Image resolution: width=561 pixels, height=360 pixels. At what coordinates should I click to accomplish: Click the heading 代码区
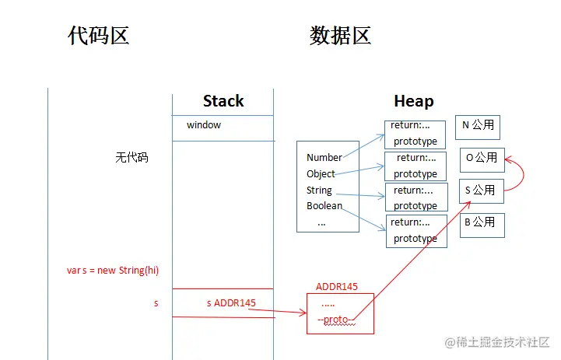(98, 36)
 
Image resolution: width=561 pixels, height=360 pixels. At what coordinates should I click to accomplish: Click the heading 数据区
(340, 36)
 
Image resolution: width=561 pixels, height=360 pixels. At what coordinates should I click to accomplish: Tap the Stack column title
(223, 101)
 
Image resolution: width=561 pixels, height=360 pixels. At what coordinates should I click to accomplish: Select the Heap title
(414, 101)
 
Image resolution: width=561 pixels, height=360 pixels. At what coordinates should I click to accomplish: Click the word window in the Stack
(204, 125)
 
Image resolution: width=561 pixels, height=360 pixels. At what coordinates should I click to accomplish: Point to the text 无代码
(131, 157)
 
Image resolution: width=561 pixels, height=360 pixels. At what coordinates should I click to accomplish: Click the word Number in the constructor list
(324, 158)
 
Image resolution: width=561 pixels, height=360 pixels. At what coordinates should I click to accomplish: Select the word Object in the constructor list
(321, 174)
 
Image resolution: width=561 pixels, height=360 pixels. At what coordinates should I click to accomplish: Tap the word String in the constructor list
(319, 190)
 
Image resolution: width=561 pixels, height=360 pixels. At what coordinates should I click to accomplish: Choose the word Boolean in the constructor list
(324, 206)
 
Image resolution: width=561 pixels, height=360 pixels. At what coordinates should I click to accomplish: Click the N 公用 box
(478, 126)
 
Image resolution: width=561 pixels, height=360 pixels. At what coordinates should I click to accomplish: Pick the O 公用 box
(482, 159)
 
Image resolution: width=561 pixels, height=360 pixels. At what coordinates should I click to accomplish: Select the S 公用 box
(481, 190)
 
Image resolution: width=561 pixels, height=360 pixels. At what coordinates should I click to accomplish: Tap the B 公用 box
(481, 224)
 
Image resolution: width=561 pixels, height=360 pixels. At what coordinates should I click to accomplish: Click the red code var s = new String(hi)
(113, 270)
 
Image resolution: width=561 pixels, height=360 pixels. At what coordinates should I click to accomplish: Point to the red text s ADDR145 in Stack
(231, 302)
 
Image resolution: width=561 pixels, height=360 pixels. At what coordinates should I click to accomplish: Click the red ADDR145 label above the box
(337, 286)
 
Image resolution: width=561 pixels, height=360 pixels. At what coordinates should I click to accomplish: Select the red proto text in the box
(337, 320)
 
